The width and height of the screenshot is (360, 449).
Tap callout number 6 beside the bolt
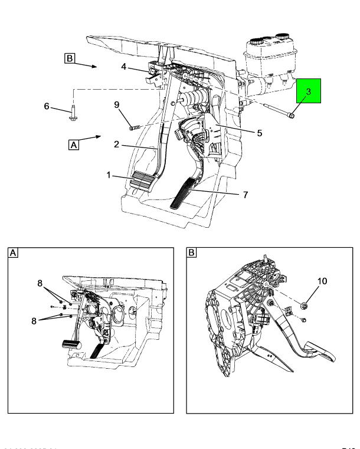click(x=47, y=106)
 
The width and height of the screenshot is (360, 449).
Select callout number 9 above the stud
click(x=117, y=105)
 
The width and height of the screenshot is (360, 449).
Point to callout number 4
click(x=123, y=67)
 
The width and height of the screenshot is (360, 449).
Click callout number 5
click(x=259, y=133)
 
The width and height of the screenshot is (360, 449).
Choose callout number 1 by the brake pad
click(x=109, y=175)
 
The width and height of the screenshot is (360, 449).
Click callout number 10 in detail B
click(x=322, y=282)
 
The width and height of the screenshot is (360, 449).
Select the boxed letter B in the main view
click(x=70, y=58)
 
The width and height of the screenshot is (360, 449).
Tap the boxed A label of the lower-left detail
click(x=13, y=253)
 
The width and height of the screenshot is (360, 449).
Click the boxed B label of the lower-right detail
click(x=192, y=253)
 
